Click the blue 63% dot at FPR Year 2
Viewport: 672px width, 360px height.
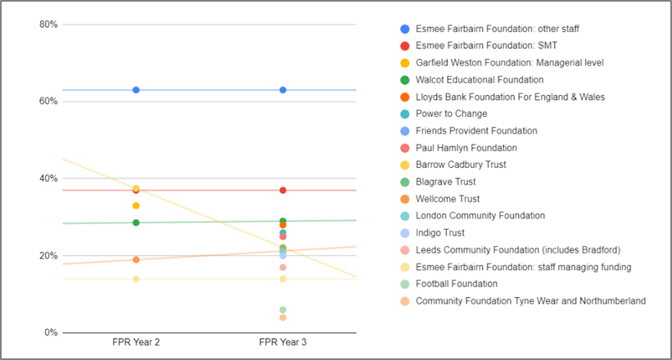click(x=136, y=90)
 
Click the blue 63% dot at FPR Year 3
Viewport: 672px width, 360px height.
click(x=282, y=90)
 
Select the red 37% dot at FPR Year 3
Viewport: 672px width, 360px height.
click(x=282, y=191)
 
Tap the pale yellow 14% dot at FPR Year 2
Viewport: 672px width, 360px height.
click(x=136, y=279)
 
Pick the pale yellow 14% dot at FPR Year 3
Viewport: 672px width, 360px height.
click(x=282, y=279)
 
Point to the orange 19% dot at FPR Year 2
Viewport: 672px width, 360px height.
click(x=136, y=259)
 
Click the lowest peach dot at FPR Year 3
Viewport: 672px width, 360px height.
click(x=282, y=317)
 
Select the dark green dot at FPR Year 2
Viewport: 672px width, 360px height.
click(x=136, y=223)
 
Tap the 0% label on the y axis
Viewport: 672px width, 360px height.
click(x=51, y=333)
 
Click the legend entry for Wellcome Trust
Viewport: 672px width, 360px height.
click(x=448, y=199)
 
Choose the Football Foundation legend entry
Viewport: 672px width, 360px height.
click(x=456, y=284)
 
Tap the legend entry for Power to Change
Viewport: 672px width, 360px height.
click(x=451, y=114)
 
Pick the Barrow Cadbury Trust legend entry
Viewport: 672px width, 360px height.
click(x=460, y=164)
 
